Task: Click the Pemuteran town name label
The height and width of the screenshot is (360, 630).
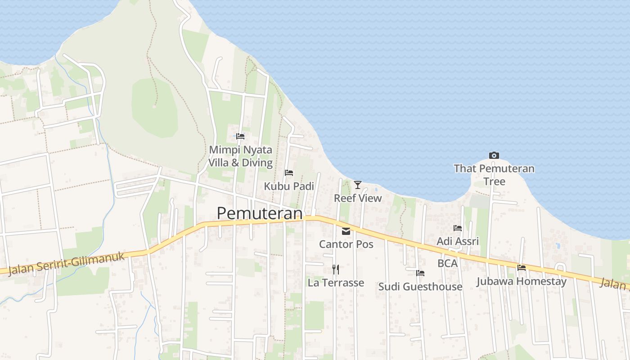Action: coord(259,213)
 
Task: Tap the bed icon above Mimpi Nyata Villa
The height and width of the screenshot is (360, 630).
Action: coord(240,136)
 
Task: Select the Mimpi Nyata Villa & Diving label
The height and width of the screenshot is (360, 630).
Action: coord(240,156)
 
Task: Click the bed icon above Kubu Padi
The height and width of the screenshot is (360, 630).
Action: coord(289,173)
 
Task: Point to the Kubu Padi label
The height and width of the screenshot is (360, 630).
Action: coord(289,186)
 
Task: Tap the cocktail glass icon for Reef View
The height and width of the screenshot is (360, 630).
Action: coord(357,184)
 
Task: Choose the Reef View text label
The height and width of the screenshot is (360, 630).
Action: coord(357,198)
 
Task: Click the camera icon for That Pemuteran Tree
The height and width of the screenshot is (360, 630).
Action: coord(494,155)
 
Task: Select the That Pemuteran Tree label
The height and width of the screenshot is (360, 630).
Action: coord(494,175)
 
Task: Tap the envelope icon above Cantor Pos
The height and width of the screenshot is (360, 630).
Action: coord(346,231)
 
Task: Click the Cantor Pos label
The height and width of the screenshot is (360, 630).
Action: coord(346,244)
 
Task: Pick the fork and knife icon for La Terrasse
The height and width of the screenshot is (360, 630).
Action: coord(336,270)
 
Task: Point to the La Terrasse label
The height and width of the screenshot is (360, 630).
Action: coord(336,283)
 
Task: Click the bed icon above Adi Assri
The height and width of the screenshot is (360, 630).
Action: coord(458,228)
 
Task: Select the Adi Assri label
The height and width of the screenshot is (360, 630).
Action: coord(458,241)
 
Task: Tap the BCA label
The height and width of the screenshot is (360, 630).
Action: coord(447,263)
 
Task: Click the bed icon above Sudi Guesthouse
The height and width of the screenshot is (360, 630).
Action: coord(420,273)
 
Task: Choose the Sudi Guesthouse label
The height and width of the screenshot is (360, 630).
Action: coord(420,287)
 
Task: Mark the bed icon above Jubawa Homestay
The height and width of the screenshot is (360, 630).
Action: coord(522,268)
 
